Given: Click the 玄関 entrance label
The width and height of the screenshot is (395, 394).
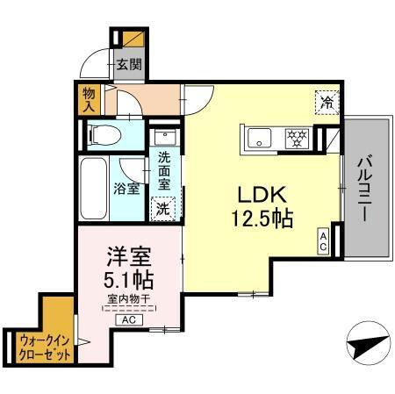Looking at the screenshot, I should [x=129, y=65].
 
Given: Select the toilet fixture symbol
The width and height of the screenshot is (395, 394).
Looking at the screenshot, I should [x=103, y=134].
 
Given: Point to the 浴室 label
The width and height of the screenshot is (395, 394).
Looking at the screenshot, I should [x=126, y=188].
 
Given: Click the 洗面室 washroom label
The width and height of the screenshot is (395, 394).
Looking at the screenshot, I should [x=164, y=173].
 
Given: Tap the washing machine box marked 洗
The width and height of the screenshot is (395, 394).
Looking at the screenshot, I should [x=162, y=209].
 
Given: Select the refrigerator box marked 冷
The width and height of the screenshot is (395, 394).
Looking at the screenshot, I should [x=325, y=101].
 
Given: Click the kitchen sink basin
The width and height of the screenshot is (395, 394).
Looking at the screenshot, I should [x=261, y=137].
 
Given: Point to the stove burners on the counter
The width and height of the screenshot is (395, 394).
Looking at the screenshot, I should [x=297, y=136].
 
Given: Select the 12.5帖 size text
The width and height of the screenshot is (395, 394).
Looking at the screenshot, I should [x=262, y=218].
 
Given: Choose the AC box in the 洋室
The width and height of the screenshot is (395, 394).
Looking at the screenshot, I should [x=129, y=320].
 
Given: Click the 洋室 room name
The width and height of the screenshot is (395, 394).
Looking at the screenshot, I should [x=128, y=257].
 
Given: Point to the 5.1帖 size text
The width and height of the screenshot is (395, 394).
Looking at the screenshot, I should [x=128, y=281].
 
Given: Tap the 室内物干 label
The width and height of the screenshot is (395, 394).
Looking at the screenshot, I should [x=128, y=300].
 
